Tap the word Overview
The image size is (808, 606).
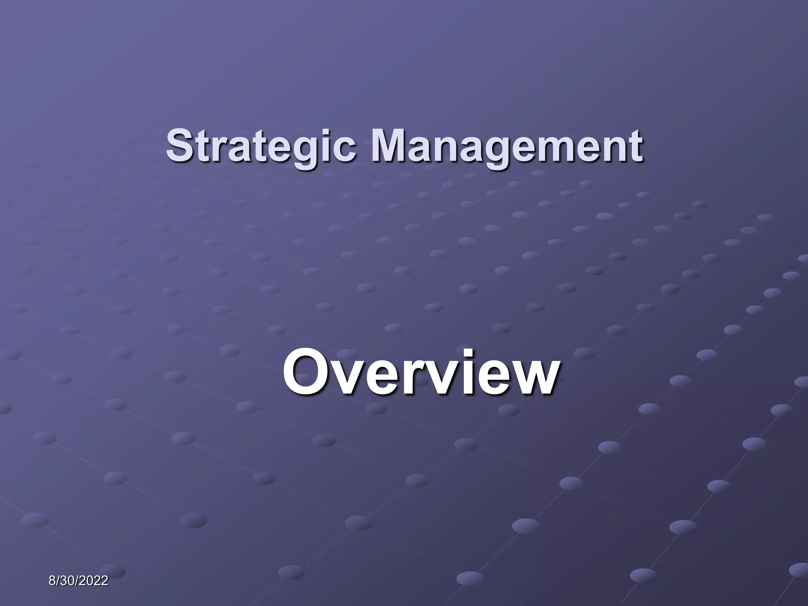click(421, 373)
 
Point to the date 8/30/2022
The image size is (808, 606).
click(79, 581)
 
